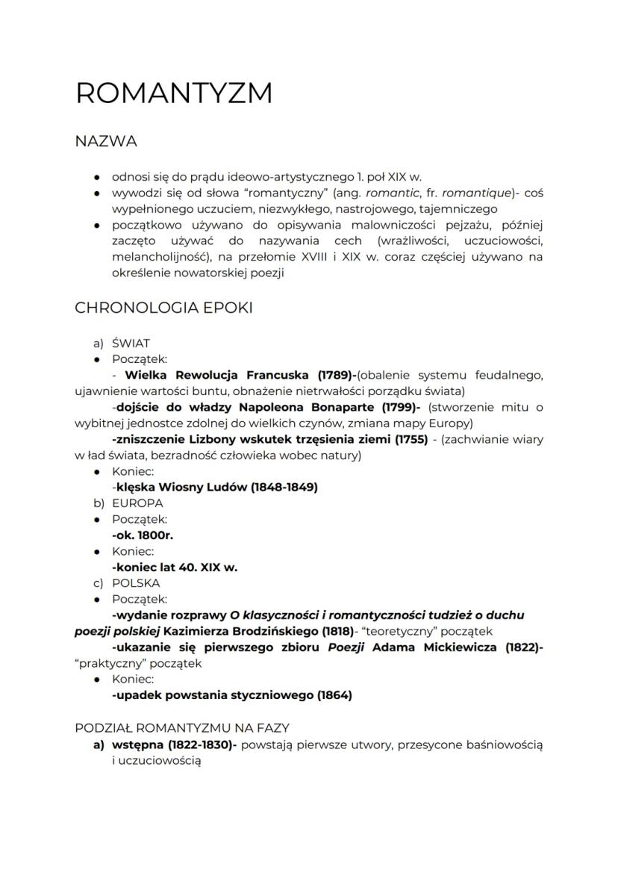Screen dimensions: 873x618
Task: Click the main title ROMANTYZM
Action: [x=174, y=93]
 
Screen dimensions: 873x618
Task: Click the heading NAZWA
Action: [x=106, y=141]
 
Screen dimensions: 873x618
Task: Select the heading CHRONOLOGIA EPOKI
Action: [x=163, y=308]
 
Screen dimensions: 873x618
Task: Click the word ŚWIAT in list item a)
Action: [x=131, y=344]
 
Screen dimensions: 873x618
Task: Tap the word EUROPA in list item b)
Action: [x=137, y=503]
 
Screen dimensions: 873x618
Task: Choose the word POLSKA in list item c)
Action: [x=136, y=583]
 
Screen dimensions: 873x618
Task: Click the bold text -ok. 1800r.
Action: [x=143, y=535]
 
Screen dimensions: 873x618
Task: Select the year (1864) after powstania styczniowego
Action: [x=334, y=695]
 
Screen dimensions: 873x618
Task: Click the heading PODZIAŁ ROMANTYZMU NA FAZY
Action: [x=182, y=727]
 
